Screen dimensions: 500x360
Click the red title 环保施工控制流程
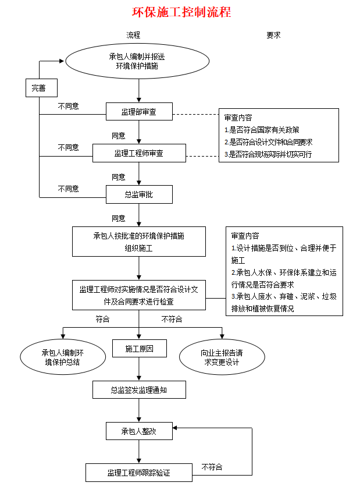click(181, 12)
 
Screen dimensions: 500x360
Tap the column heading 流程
click(133, 35)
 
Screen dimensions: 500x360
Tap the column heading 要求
click(273, 35)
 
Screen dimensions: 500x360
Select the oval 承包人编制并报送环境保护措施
click(137, 61)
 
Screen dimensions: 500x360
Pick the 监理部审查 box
click(139, 112)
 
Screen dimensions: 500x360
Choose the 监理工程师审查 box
click(139, 154)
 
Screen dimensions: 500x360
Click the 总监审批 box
click(139, 194)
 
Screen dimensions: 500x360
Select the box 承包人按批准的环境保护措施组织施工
click(139, 242)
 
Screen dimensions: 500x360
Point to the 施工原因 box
click(139, 349)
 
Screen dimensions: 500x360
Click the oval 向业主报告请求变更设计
click(222, 357)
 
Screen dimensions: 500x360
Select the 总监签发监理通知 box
click(139, 390)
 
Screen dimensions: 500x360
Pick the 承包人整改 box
click(139, 431)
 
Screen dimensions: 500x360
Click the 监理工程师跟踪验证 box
click(139, 473)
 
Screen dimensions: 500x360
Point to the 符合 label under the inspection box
click(102, 320)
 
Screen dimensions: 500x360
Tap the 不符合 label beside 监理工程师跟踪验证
click(212, 467)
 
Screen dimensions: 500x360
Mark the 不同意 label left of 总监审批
click(68, 189)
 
